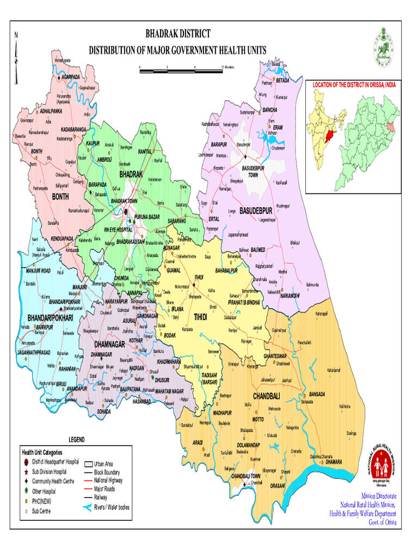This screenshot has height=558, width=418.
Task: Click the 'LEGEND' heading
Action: [x=77, y=439]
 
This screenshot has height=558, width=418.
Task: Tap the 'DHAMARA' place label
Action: [x=333, y=462]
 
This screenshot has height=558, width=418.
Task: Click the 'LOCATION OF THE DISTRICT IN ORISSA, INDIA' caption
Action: [x=353, y=85]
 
